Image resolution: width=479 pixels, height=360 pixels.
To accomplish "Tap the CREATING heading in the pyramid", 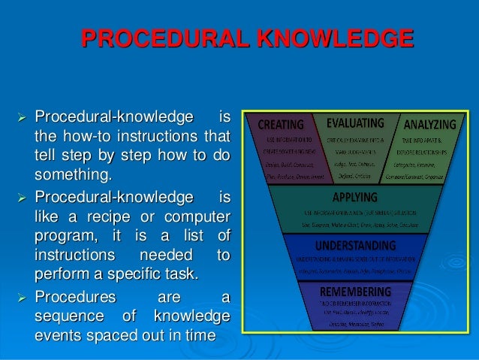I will click(280, 124).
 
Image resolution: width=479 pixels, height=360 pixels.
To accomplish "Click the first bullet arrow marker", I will click(20, 119).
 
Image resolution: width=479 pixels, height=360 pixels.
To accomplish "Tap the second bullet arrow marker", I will click(20, 198).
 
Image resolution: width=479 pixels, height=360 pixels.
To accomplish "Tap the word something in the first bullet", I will click(71, 177).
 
